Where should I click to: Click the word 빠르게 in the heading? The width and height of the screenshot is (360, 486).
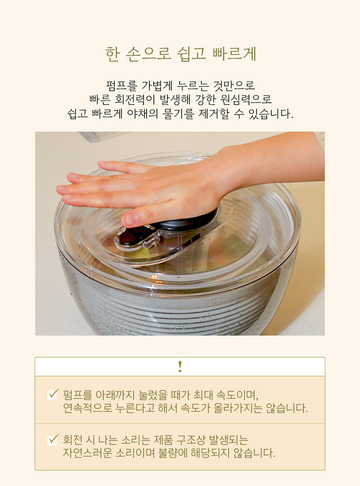pyautogui.click(x=234, y=54)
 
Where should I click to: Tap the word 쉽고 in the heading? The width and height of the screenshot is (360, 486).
pyautogui.click(x=191, y=54)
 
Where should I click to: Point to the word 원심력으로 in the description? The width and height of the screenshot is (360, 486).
pyautogui.click(x=246, y=99)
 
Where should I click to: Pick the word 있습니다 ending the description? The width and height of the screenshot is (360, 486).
pyautogui.click(x=271, y=114)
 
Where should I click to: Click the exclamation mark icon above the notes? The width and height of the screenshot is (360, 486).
pyautogui.click(x=180, y=367)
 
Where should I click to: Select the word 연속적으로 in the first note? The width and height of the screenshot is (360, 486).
pyautogui.click(x=87, y=408)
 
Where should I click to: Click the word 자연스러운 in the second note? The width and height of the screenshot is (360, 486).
pyautogui.click(x=87, y=453)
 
